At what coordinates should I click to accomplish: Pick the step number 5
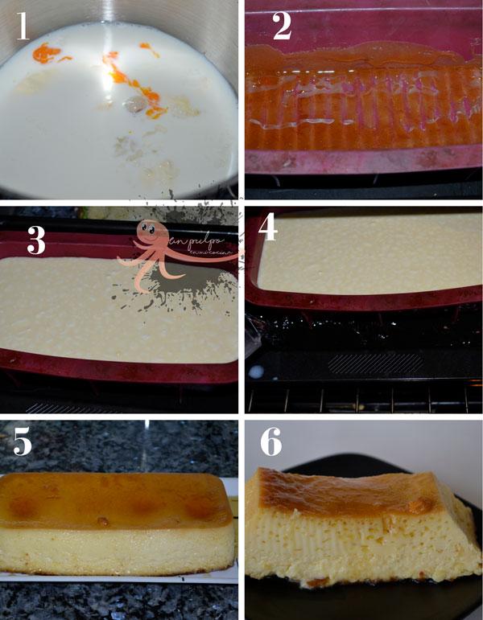click(22, 442)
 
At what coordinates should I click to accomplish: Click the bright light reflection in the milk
click(113, 76)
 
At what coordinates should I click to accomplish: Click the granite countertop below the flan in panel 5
click(121, 599)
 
